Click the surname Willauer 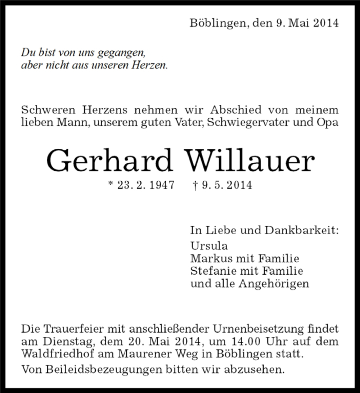click(248, 161)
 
